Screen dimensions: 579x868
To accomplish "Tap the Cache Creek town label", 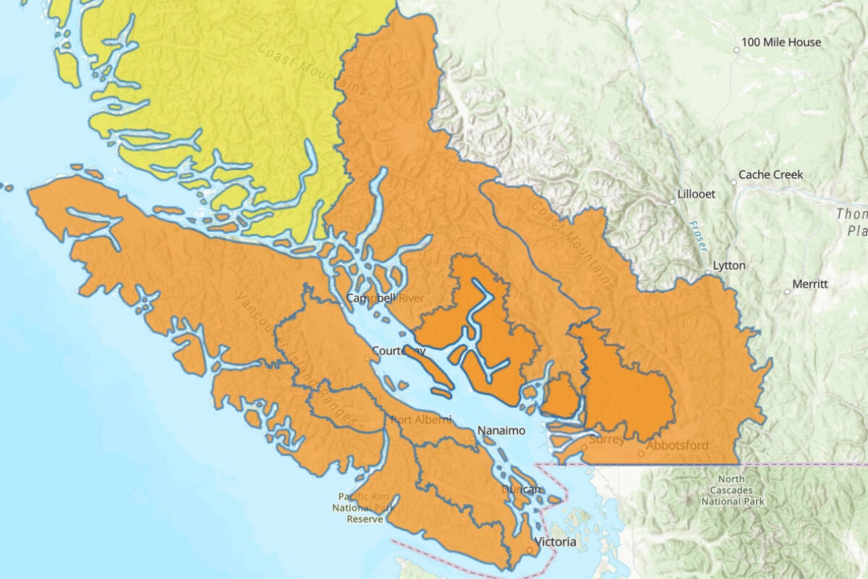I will coord(770,175).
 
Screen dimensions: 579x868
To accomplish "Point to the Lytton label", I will coord(729,266).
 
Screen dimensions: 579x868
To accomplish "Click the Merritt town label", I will coord(810,284).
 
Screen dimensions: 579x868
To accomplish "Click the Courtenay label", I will coord(398,351).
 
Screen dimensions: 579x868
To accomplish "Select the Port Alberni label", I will coord(421,420).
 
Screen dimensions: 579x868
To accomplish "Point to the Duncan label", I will coord(522,490).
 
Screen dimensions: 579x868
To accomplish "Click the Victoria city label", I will coord(555,542).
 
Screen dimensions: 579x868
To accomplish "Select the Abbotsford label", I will coord(677,446).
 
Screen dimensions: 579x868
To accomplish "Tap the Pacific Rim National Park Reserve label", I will coord(364,507).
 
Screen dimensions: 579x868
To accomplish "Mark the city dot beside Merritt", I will coord(788,292).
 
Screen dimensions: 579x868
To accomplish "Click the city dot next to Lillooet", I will coord(673,201).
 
